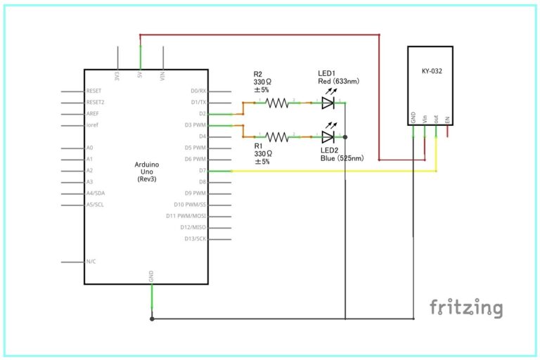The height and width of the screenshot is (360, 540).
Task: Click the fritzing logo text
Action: pyautogui.click(x=466, y=308)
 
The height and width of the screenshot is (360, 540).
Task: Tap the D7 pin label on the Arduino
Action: pyautogui.click(x=202, y=170)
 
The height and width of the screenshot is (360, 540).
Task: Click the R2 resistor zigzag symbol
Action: pyautogui.click(x=277, y=103)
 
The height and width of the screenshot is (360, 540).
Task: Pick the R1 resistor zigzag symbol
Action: pyautogui.click(x=277, y=136)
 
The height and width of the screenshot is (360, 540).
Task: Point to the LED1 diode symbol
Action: pyautogui.click(x=328, y=103)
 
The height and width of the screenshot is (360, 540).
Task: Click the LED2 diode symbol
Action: pyautogui.click(x=328, y=136)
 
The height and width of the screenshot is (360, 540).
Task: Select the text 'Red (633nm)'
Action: pyautogui.click(x=339, y=82)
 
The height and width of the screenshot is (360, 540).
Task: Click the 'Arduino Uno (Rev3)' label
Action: pyautogui.click(x=146, y=172)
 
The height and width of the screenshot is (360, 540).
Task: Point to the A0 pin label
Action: pyautogui.click(x=90, y=148)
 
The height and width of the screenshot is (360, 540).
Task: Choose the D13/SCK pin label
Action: pyautogui.click(x=195, y=238)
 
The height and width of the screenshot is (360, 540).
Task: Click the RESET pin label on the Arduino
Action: pyautogui.click(x=94, y=91)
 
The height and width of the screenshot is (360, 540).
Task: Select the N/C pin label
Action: pyautogui.click(x=91, y=262)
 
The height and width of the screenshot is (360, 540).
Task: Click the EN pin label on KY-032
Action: pyautogui.click(x=447, y=120)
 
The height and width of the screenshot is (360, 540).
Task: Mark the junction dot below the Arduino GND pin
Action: pyautogui.click(x=152, y=319)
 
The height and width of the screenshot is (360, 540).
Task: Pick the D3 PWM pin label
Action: pyautogui.click(x=195, y=124)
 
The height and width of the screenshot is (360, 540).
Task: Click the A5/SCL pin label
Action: pyautogui.click(x=96, y=205)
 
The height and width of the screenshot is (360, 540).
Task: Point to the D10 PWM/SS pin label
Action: pyautogui.click(x=191, y=205)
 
